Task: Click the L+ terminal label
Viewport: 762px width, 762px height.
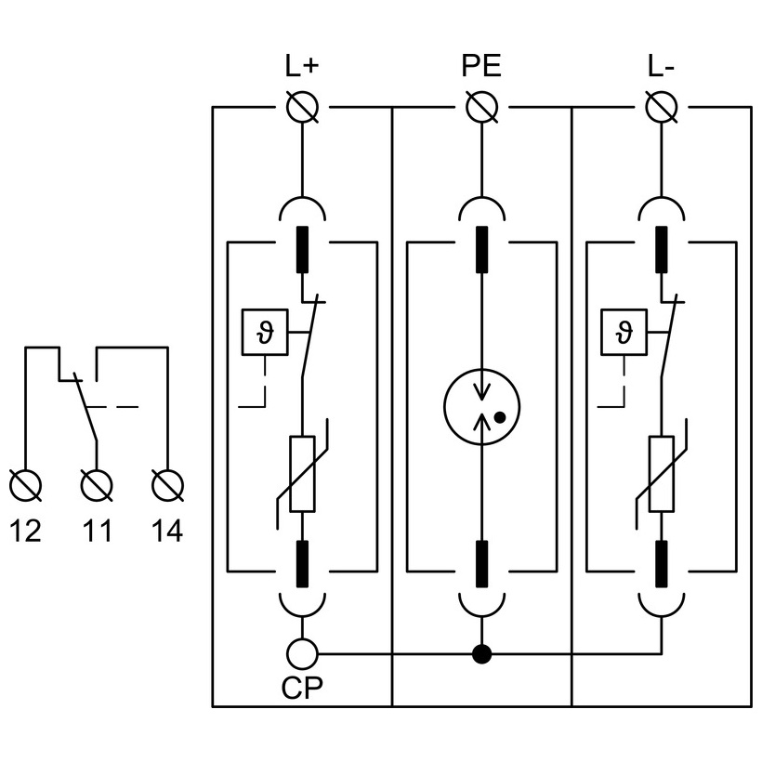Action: [302, 67]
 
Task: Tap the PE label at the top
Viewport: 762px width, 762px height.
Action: [481, 67]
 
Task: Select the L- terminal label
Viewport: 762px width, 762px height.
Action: [661, 67]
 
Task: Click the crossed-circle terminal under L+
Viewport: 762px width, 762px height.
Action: [303, 108]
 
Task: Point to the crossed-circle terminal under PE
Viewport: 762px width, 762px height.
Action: [481, 108]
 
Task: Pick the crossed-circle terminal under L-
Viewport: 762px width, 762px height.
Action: [661, 108]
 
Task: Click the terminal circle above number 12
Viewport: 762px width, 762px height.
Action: [25, 485]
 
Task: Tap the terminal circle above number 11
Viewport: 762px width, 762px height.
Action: [97, 485]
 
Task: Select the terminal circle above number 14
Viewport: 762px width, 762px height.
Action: [167, 485]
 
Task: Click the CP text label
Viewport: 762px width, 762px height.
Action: [303, 690]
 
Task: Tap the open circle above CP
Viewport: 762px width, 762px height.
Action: [303, 653]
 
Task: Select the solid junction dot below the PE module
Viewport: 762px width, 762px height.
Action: [481, 653]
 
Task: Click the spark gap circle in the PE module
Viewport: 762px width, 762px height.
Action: [481, 406]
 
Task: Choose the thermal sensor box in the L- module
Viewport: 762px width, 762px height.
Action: [624, 331]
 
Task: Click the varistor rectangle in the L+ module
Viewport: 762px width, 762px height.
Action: [303, 474]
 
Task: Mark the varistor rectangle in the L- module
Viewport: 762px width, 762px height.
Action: [661, 474]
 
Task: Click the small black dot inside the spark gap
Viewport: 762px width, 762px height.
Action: [500, 417]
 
